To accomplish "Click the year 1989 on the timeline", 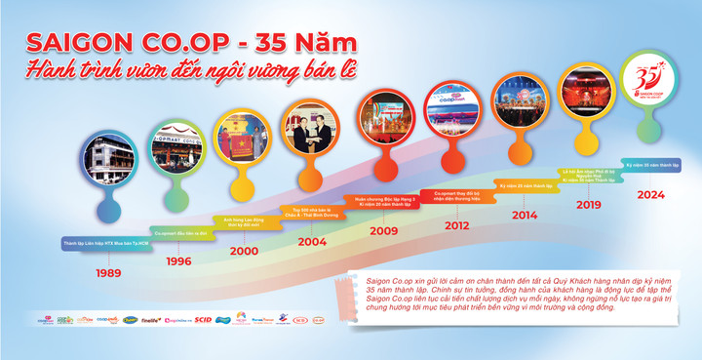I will click(108, 272).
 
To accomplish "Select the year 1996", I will click(177, 261).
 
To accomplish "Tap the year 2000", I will click(243, 250).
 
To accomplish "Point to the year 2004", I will click(311, 240).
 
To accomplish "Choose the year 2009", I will click(383, 231).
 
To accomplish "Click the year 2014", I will click(524, 215).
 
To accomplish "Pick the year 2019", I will click(588, 205).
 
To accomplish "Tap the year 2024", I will click(650, 193).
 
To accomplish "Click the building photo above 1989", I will click(108, 162).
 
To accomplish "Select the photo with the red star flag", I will click(243, 138).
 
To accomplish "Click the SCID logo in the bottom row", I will click(203, 319).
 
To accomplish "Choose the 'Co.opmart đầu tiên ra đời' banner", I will click(177, 234).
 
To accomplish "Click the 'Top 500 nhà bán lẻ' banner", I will click(311, 212).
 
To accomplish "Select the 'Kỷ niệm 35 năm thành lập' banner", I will click(650, 165).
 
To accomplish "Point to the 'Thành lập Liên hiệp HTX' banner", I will click(107, 242).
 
